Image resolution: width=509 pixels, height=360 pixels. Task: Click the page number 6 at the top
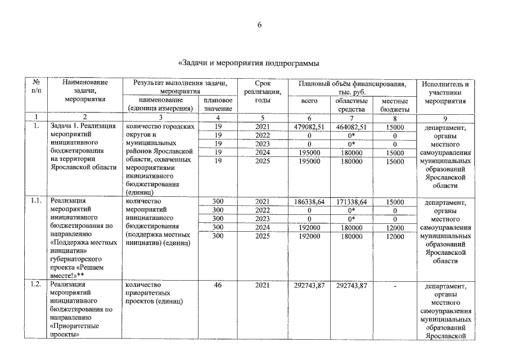click(x=260, y=25)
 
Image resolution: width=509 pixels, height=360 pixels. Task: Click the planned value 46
click(x=218, y=286)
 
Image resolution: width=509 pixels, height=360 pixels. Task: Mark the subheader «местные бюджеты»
click(x=394, y=105)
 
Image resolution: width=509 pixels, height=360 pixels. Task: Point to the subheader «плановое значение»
click(x=218, y=105)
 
